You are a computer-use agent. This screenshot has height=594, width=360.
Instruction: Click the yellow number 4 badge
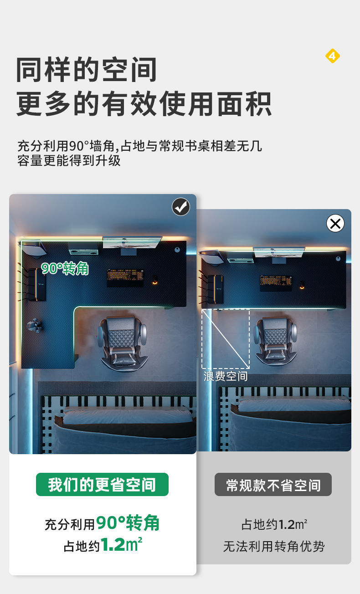tap(332, 56)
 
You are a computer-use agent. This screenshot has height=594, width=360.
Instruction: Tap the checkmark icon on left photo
tap(181, 207)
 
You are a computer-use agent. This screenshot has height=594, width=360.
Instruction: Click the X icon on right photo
tap(335, 223)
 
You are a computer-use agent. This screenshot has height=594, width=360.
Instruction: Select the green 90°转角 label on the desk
tap(65, 269)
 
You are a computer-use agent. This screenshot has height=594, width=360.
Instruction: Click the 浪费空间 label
tap(226, 376)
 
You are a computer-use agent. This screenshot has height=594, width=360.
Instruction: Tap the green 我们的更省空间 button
tap(102, 485)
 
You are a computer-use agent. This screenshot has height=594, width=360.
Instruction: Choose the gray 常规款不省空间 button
tap(273, 485)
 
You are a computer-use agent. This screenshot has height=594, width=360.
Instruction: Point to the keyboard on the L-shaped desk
tap(125, 277)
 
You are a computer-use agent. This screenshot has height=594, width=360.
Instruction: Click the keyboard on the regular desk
tap(276, 282)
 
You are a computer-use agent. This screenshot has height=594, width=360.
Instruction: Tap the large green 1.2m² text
tap(121, 545)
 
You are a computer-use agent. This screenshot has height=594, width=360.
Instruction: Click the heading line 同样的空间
tap(87, 70)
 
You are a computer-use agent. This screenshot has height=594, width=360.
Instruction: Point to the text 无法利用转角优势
tap(273, 546)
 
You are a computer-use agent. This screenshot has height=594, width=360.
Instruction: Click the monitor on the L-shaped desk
tap(132, 242)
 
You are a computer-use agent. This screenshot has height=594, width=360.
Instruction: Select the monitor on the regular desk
tap(279, 252)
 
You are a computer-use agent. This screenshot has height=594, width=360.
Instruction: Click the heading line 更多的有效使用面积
tap(144, 104)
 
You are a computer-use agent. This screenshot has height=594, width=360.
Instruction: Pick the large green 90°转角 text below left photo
tap(128, 523)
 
